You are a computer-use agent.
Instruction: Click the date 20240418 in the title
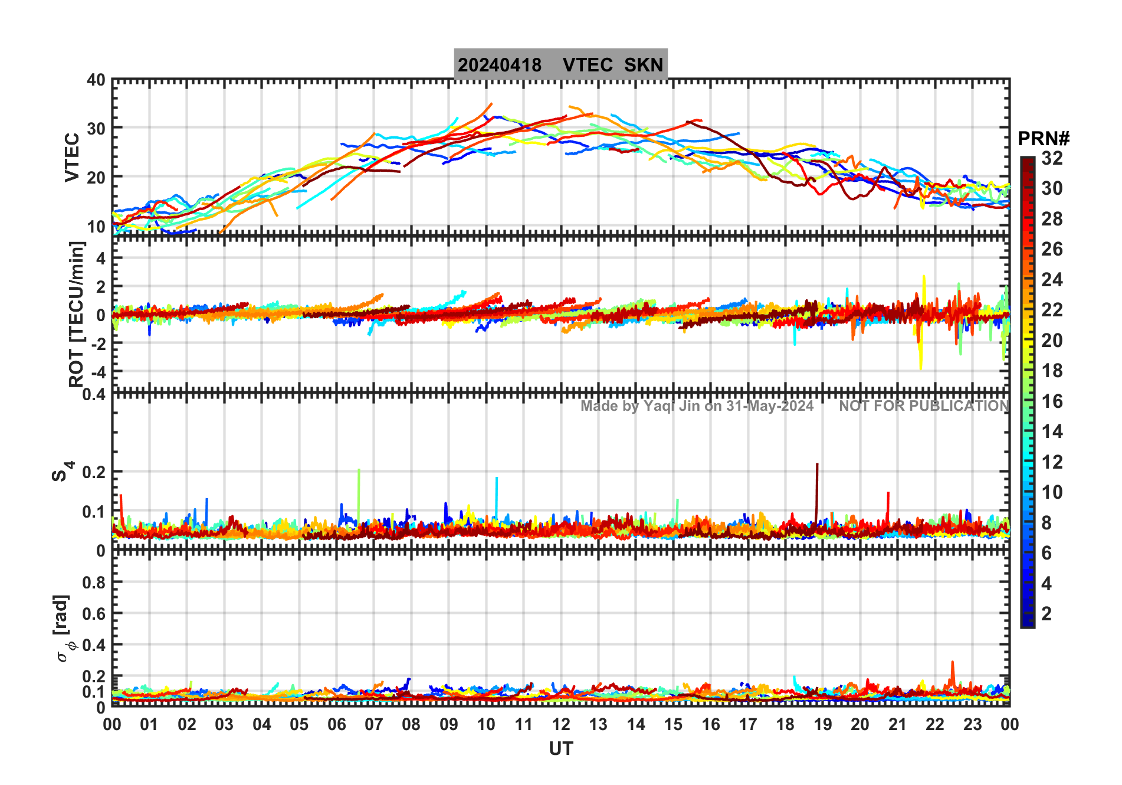point(499,65)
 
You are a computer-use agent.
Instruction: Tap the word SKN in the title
point(644,65)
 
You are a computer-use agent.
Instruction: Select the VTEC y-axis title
point(72,157)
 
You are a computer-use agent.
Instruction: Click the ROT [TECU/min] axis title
point(76,314)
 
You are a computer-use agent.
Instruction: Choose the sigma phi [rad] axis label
point(63,629)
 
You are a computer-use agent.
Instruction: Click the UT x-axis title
point(560,749)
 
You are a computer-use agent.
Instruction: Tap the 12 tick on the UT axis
point(560,725)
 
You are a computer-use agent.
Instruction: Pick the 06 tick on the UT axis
point(336,725)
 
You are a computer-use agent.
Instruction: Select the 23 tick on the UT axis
point(972,725)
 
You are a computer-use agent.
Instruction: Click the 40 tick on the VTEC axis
point(96,80)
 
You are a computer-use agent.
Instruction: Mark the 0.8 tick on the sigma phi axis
point(94,583)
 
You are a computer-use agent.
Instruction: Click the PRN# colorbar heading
point(1044,139)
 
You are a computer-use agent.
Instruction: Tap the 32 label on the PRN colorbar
point(1052,158)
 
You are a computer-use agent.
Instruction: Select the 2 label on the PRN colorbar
point(1046,614)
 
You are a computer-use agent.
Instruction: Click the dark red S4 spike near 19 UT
point(817,472)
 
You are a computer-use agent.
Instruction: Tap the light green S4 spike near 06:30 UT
point(359,478)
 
